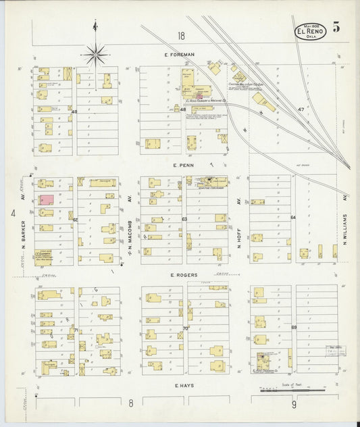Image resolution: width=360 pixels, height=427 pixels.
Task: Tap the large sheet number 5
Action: click(336, 28)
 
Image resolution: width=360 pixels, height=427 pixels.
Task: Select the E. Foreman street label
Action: click(178, 55)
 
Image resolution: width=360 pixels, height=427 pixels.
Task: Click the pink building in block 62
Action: click(47, 200)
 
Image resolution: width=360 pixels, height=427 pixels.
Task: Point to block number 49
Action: click(74, 111)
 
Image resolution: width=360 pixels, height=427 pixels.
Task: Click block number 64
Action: click(293, 218)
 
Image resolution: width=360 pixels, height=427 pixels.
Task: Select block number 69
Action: click(293, 328)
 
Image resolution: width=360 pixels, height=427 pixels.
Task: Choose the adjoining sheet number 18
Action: click(180, 36)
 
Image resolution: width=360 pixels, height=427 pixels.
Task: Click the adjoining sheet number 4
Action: click(12, 214)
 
